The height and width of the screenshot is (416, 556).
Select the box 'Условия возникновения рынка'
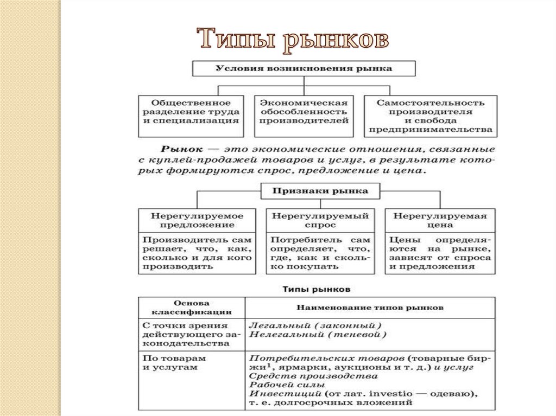coord(304,69)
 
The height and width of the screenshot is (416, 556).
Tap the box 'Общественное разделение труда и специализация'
coord(191,112)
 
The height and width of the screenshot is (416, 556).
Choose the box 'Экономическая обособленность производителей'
coord(304,112)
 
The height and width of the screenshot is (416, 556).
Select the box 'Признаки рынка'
coord(320,191)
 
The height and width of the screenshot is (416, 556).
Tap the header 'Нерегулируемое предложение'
coord(197,220)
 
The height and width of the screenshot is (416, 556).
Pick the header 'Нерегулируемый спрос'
coord(320,220)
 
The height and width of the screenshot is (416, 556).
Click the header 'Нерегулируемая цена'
coord(440,220)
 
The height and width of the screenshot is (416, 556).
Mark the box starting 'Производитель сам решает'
coord(197,253)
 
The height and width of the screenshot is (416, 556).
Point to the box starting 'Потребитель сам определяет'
coord(320,253)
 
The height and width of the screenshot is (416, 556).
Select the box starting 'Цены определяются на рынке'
coord(440,253)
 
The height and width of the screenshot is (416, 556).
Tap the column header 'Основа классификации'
coord(192,308)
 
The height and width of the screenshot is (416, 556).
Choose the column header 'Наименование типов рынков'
coord(370,308)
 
